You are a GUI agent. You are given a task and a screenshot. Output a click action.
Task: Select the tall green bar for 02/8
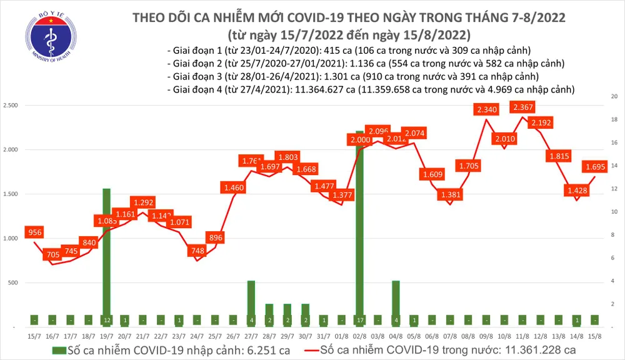pos(360,225)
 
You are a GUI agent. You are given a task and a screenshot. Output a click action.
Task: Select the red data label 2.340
pos(486,110)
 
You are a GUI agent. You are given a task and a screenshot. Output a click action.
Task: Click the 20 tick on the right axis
pos(614,96)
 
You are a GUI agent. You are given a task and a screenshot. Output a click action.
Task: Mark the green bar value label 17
pos(360,320)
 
